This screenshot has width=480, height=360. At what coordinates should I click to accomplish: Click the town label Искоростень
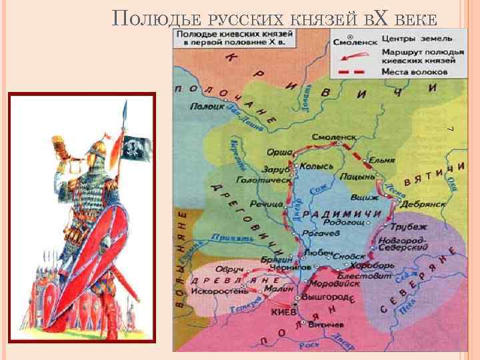219,291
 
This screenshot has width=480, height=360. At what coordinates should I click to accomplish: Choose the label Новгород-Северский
402,243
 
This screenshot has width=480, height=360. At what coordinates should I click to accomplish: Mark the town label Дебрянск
420,198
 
